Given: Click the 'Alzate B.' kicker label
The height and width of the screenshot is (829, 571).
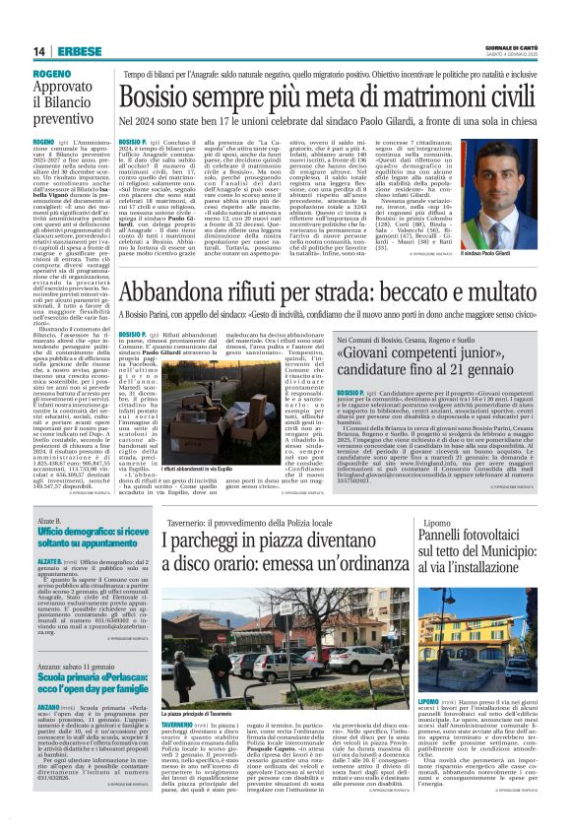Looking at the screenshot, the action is coord(51,518).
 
